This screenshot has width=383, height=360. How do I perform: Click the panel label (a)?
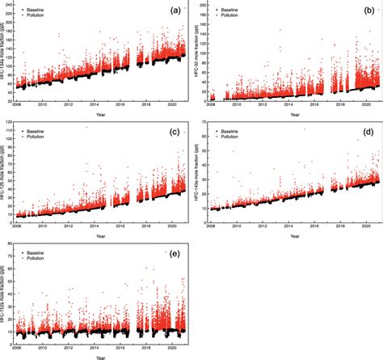tap(175, 11)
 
